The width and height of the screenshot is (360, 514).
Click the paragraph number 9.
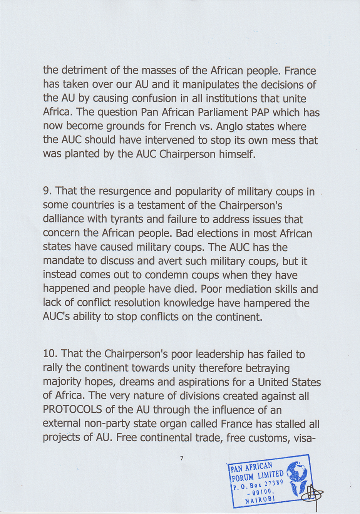pyautogui.click(x=47, y=191)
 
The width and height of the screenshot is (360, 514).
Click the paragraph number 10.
pyautogui.click(x=50, y=354)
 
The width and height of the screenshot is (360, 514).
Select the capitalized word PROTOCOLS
pyautogui.click(x=73, y=410)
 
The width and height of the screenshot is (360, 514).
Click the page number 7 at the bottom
pyautogui.click(x=182, y=458)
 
